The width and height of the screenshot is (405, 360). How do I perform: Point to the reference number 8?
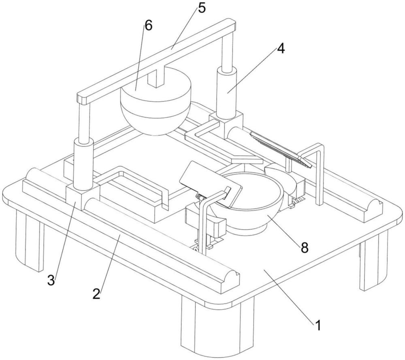305,248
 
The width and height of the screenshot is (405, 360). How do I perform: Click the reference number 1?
318,325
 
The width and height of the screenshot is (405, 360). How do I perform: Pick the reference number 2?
96,294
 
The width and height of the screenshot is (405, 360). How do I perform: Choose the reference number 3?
51,280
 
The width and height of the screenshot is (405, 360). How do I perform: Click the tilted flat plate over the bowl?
211,184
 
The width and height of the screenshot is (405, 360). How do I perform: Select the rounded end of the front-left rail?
230,281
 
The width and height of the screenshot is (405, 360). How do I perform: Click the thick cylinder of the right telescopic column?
226,92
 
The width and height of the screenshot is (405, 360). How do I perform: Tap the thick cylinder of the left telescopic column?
83,163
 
